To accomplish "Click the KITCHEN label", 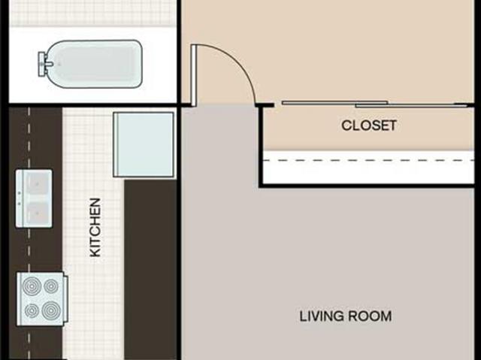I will point(95,227).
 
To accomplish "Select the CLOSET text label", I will point(368,126).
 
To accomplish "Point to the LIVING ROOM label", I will point(345,316).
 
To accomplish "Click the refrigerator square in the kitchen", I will point(143,144).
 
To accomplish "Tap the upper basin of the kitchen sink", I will point(35,183).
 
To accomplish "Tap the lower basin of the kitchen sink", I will point(35,213).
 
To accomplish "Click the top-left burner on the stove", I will point(32,286).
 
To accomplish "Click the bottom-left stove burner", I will point(32,310).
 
